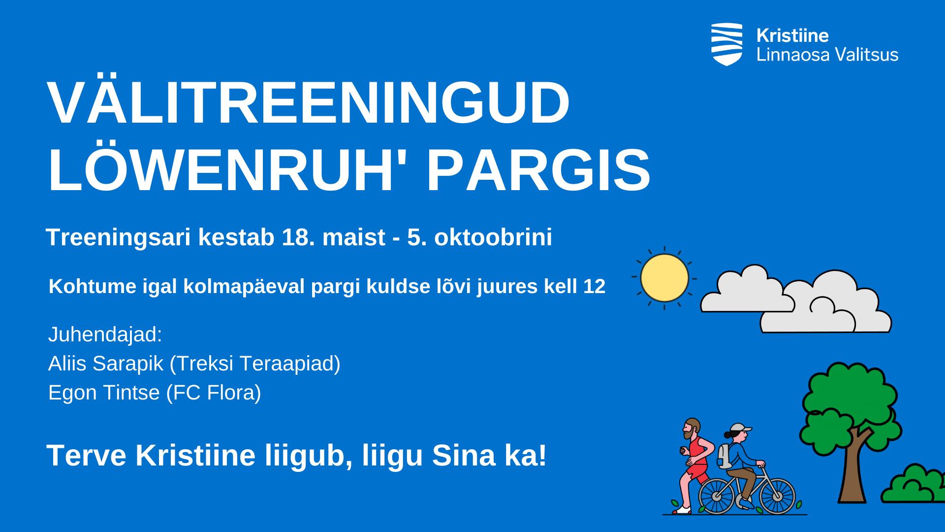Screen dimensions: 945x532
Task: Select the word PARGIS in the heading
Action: pos(539,170)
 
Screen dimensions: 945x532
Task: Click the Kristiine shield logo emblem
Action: pos(726,44)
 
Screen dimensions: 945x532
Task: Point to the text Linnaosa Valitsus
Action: pos(827,54)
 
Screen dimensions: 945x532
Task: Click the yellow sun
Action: pos(664,278)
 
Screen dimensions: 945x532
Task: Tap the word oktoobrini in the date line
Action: pos(493,237)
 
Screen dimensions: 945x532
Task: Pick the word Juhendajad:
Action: pos(105,334)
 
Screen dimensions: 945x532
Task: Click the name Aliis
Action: pos(67,364)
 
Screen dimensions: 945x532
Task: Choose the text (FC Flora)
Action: pos(214,393)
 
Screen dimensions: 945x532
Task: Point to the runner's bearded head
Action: pos(691,429)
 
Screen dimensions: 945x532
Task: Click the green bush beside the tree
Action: pos(913,485)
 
